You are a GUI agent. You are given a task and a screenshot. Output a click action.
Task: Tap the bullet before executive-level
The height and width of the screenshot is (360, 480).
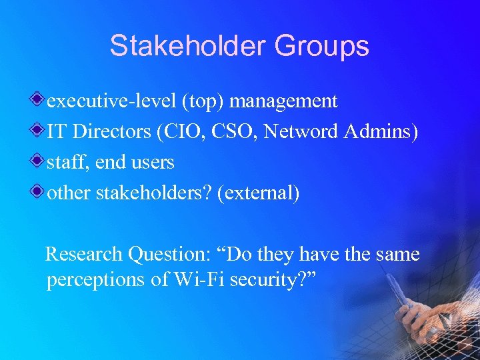tap(41, 100)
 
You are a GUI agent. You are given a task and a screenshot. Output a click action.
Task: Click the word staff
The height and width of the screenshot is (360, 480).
tap(64, 163)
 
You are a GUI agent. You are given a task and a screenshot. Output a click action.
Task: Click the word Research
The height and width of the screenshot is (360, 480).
tap(84, 255)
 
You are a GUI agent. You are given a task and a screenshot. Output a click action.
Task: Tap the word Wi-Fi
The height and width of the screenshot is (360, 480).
tap(197, 280)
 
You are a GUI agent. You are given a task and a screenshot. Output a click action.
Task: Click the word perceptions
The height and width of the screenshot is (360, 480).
tap(96, 280)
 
